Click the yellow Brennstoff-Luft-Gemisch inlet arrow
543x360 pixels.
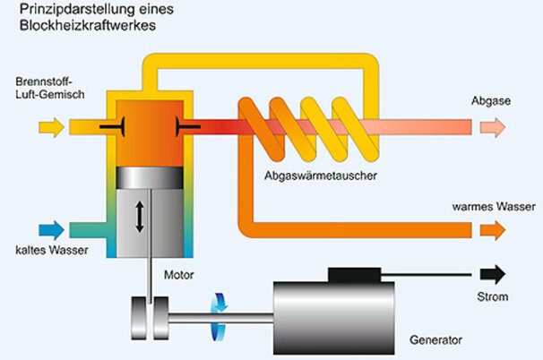[53, 127]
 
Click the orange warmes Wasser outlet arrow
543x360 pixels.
[492, 230]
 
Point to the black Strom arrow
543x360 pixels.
[492, 273]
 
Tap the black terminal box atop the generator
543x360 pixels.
[357, 272]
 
